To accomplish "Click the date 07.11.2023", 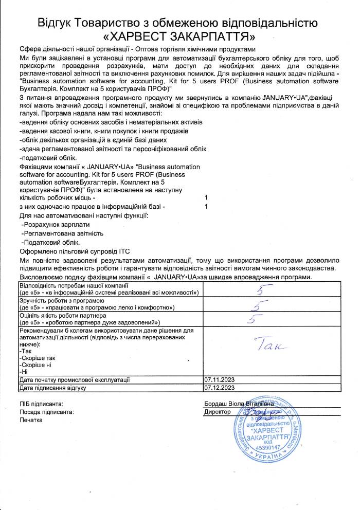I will click(219, 379).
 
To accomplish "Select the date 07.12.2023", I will click(219, 388).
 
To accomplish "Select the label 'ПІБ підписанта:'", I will click(42, 405).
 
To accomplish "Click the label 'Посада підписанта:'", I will click(47, 412).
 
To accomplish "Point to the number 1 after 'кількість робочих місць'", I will click(206, 198).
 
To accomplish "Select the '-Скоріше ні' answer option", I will click(35, 365).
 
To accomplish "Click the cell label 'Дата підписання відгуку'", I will click(52, 388).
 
